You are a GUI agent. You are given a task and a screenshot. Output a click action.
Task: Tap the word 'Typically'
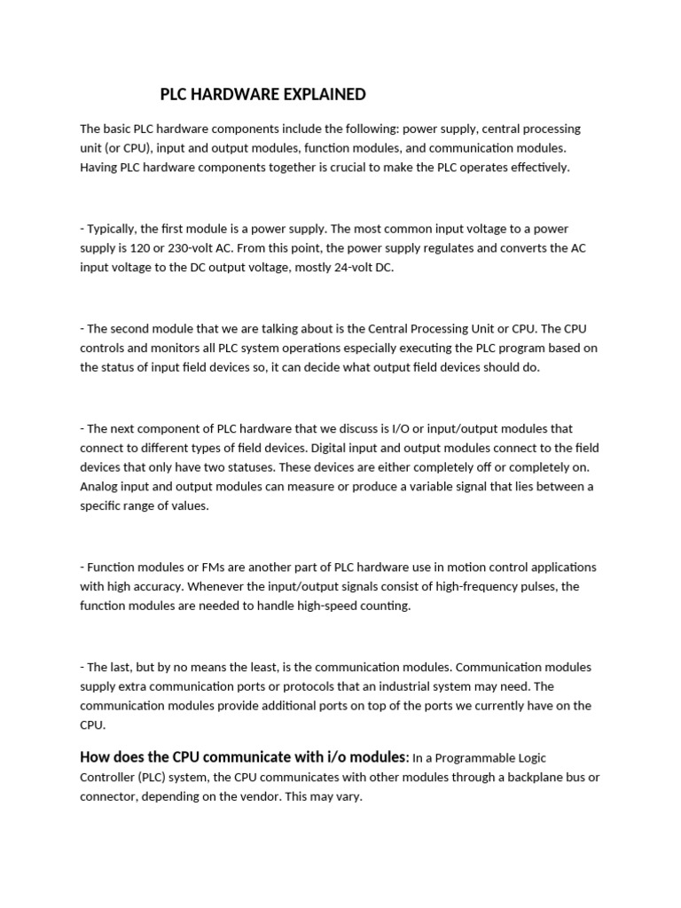[111, 229]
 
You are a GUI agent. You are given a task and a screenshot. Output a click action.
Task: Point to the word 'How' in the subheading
[96, 757]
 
